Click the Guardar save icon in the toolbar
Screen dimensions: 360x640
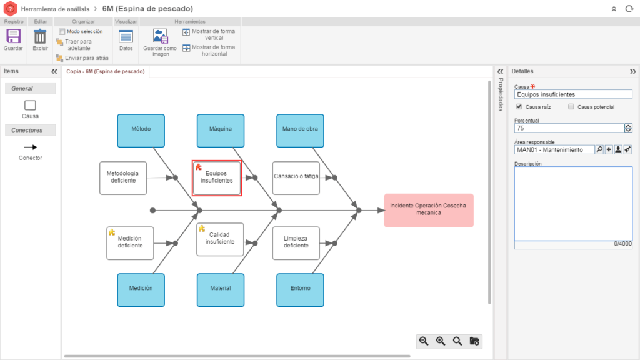pyautogui.click(x=13, y=36)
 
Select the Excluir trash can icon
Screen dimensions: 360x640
pyautogui.click(x=40, y=36)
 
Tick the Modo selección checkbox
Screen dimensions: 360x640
pyautogui.click(x=62, y=31)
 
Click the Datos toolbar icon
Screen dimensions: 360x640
pyautogui.click(x=126, y=36)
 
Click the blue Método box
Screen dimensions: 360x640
pyautogui.click(x=141, y=129)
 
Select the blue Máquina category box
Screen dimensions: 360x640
pyautogui.click(x=221, y=129)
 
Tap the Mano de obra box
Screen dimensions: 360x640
pyautogui.click(x=300, y=129)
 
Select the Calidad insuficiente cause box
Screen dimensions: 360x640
pyautogui.click(x=220, y=239)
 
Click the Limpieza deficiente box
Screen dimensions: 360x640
pyautogui.click(x=296, y=242)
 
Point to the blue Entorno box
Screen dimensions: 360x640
pyautogui.click(x=300, y=289)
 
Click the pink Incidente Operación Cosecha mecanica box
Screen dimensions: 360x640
pyautogui.click(x=429, y=209)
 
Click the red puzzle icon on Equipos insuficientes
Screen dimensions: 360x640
pyautogui.click(x=199, y=167)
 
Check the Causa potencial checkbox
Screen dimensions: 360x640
pyautogui.click(x=571, y=107)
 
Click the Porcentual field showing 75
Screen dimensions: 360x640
pyautogui.click(x=569, y=128)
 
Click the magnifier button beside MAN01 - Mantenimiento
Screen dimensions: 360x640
pyautogui.click(x=599, y=149)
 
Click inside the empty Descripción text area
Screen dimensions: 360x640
pyautogui.click(x=573, y=203)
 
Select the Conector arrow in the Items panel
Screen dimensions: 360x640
pyautogui.click(x=30, y=147)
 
